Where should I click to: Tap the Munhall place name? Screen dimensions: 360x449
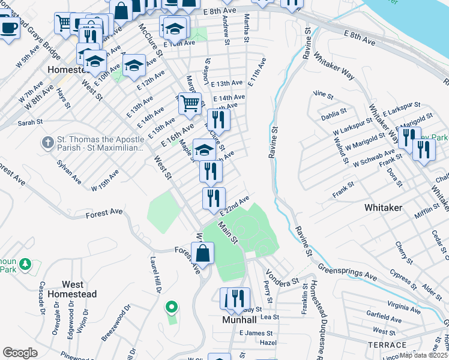click(240, 320)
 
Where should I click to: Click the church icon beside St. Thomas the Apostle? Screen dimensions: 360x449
click(47, 143)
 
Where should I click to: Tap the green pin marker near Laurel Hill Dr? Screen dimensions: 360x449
click(172, 307)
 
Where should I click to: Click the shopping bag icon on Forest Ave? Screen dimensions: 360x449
click(203, 253)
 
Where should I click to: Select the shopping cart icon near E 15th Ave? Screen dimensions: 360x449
click(190, 104)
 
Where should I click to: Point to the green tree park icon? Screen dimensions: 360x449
click(25, 263)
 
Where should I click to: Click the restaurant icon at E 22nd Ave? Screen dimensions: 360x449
click(214, 199)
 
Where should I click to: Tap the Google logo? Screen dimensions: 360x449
click(20, 353)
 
